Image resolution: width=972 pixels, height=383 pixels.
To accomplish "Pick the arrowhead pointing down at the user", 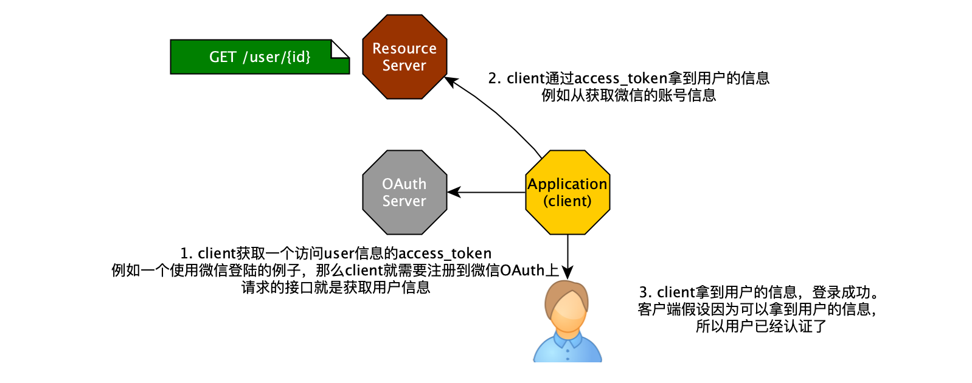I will click(x=568, y=272).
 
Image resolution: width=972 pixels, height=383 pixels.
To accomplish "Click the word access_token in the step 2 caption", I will click(x=620, y=78).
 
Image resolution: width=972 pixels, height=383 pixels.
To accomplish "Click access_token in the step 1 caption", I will click(x=445, y=254).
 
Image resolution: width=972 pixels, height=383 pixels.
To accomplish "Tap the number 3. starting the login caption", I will click(x=645, y=292).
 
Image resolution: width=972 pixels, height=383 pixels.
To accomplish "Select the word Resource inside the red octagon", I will click(x=404, y=49).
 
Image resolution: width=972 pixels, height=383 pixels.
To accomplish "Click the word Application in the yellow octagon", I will click(x=568, y=184).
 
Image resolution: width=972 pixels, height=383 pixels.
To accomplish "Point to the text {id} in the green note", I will click(x=299, y=57).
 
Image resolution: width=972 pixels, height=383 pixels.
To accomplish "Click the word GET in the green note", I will click(x=222, y=57).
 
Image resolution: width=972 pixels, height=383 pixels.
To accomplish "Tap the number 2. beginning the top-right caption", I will click(x=495, y=78).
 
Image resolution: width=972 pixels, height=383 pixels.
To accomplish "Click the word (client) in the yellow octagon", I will click(x=568, y=201).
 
